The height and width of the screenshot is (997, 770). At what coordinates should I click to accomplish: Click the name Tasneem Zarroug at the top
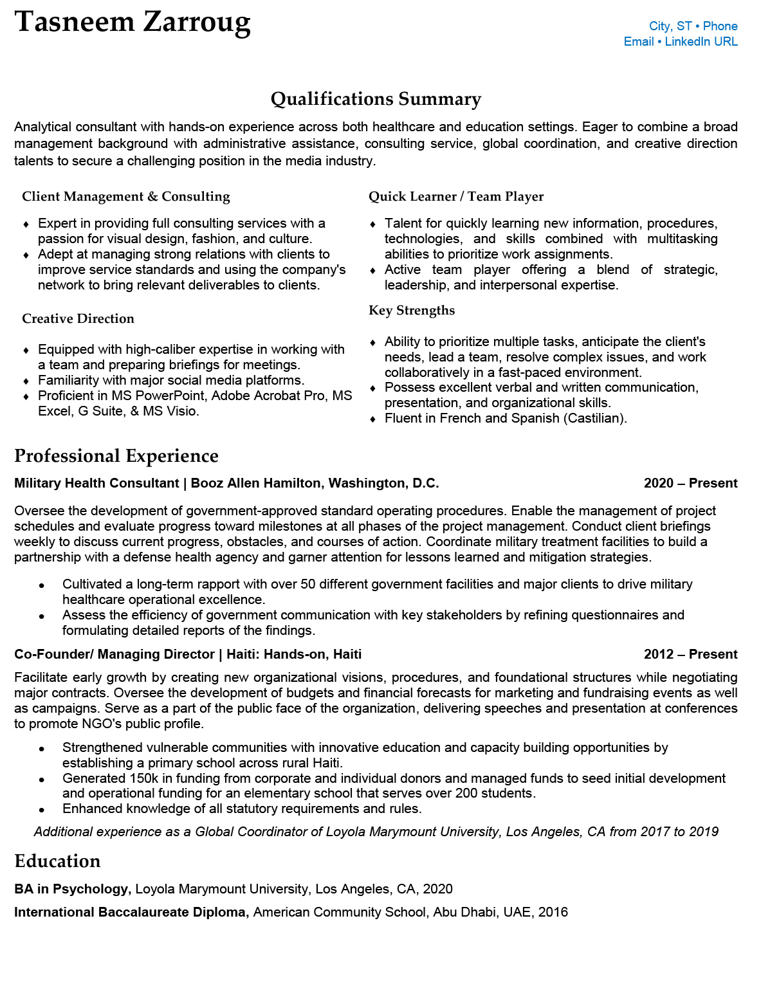[133, 23]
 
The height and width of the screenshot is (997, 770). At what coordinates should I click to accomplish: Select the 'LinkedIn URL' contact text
[701, 42]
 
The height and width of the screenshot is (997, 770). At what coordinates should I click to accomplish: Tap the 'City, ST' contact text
[670, 26]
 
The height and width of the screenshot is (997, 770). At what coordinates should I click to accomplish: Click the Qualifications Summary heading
[376, 99]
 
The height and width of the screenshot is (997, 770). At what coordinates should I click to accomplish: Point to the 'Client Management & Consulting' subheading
[126, 197]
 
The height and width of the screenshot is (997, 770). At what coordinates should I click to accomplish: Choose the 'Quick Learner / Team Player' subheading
[456, 197]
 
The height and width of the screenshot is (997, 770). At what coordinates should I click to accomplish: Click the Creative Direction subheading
[78, 319]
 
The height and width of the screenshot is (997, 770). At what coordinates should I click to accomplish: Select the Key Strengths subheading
[412, 311]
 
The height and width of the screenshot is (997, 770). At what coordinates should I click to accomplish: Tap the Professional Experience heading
[116, 456]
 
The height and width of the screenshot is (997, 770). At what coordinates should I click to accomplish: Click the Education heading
[57, 861]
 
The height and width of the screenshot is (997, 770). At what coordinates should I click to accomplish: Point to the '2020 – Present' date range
[690, 484]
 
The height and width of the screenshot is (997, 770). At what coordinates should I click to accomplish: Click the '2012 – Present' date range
[690, 655]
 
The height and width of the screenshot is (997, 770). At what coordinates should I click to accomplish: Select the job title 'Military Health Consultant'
[96, 484]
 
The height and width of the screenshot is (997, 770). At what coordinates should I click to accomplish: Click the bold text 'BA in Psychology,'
[73, 890]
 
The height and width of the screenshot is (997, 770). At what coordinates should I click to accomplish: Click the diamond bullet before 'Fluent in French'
[372, 419]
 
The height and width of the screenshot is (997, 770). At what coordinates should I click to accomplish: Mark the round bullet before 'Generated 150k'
[42, 780]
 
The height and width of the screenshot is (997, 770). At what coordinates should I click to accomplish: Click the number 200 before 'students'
[466, 794]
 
